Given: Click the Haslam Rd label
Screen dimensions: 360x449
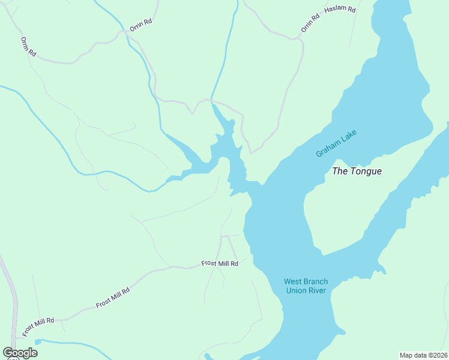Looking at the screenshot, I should (x=339, y=10).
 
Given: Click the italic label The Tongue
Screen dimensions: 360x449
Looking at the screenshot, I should (x=357, y=171).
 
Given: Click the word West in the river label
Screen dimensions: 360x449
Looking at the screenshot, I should (x=292, y=281).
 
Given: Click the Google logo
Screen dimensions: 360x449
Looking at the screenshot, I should (x=20, y=353).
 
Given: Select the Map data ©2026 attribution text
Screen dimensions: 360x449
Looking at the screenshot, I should (x=423, y=355).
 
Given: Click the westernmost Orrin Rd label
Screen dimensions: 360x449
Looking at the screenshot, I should (x=28, y=47).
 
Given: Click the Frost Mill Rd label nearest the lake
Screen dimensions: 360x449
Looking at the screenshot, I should (x=219, y=263).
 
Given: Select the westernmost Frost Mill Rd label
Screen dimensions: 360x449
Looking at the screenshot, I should (x=38, y=326).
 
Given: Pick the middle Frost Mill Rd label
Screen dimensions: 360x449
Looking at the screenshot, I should (x=112, y=298).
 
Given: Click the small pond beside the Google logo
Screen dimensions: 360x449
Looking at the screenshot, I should (x=38, y=341).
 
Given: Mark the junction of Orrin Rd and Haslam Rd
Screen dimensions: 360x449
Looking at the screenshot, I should (x=298, y=39).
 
